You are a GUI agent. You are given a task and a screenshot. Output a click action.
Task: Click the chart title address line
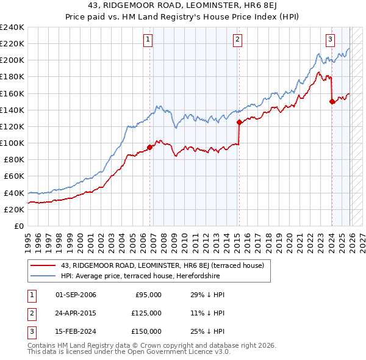point(183,6)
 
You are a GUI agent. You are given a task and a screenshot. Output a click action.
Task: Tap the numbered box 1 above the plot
point(148,40)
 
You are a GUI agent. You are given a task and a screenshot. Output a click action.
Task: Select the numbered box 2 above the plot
point(237,40)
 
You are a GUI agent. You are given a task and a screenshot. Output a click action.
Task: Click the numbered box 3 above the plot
point(330,40)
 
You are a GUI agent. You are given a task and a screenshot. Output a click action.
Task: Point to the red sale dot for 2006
point(150,146)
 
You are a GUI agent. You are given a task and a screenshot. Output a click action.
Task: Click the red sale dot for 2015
point(239,122)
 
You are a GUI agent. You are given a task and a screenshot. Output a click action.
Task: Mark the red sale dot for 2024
point(332,101)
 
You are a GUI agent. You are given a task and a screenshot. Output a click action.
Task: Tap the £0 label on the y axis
point(18,226)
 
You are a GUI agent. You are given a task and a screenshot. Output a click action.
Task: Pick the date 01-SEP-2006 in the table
point(76,295)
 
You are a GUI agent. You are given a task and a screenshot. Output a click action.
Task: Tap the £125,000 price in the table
point(147,313)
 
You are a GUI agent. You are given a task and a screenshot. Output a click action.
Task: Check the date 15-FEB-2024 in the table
point(76,331)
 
